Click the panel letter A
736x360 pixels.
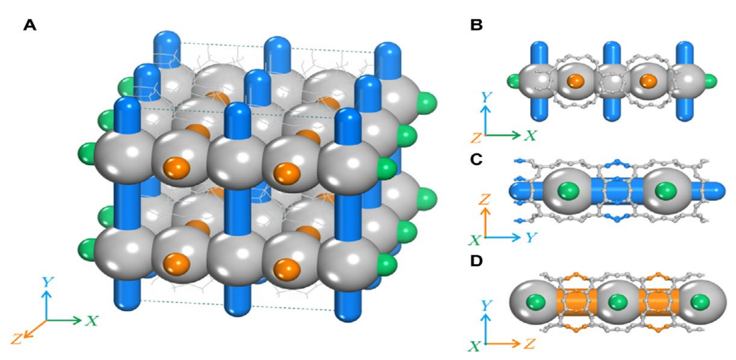point(30,25)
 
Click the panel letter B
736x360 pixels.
point(477,25)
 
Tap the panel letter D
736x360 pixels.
point(477,261)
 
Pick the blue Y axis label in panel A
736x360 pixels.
point(48,283)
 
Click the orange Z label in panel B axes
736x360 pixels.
point(476,138)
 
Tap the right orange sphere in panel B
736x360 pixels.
point(649,81)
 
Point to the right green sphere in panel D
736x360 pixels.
point(700,302)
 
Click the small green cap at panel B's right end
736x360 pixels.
point(710,82)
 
